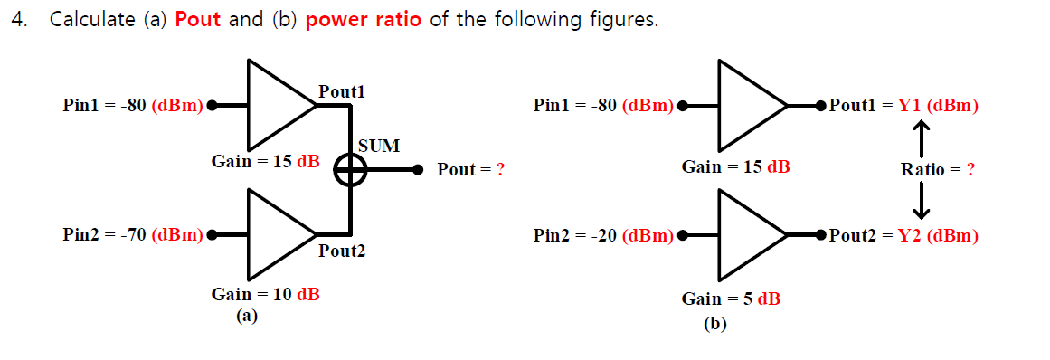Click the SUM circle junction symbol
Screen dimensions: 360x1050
click(x=350, y=169)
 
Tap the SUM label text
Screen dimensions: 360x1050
click(x=379, y=146)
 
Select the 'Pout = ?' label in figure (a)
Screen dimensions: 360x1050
click(x=470, y=169)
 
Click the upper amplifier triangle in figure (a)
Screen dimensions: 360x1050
click(x=277, y=104)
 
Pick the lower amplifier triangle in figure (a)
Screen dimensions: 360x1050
click(x=277, y=234)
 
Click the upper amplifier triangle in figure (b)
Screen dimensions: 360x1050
click(x=747, y=105)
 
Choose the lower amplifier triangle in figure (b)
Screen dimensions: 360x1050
click(x=747, y=235)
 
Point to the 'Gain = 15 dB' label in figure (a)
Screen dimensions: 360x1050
click(x=265, y=161)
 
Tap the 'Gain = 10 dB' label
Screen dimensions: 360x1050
click(x=265, y=294)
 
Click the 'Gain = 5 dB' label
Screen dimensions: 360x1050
click(x=731, y=298)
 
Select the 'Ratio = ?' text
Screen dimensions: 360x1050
click(x=937, y=169)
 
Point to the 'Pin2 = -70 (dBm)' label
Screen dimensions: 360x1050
click(x=133, y=235)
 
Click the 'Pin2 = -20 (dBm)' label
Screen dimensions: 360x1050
click(x=603, y=236)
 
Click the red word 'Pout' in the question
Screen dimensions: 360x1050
click(x=198, y=19)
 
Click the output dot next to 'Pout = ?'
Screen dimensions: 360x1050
click(x=418, y=169)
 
